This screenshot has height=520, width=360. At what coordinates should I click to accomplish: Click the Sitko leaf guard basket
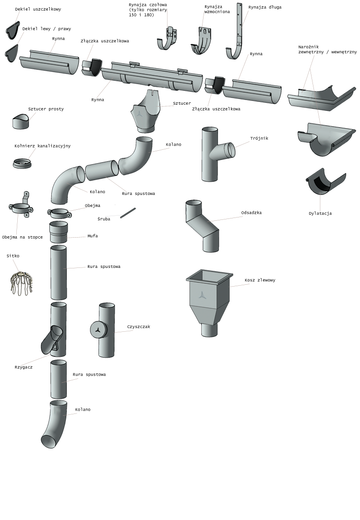tap(21, 282)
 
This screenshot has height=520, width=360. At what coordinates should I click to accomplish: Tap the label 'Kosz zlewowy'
tap(260, 280)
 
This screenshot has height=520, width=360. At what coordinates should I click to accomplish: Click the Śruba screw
tap(128, 213)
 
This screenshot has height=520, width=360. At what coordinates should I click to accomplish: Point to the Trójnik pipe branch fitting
tap(216, 154)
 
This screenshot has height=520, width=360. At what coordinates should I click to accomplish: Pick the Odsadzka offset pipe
tap(202, 226)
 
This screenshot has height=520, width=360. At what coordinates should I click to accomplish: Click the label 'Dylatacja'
tap(320, 213)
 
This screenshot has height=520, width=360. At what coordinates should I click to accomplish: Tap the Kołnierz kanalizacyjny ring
tap(22, 163)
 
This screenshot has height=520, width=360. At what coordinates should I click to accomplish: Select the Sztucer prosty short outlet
tap(21, 121)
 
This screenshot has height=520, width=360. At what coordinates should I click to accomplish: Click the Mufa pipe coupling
tap(59, 232)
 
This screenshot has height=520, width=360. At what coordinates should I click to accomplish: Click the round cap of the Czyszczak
tap(98, 330)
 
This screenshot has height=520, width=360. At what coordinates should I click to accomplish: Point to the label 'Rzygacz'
tap(24, 367)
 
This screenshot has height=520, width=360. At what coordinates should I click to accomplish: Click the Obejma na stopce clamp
tap(21, 206)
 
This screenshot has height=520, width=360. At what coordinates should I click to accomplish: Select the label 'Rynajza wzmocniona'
tap(217, 9)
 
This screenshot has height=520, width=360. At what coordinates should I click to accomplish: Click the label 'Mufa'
tap(93, 236)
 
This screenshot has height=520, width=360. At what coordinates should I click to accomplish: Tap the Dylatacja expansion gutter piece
tap(325, 182)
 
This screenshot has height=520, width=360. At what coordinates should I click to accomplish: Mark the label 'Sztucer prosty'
tap(46, 109)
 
